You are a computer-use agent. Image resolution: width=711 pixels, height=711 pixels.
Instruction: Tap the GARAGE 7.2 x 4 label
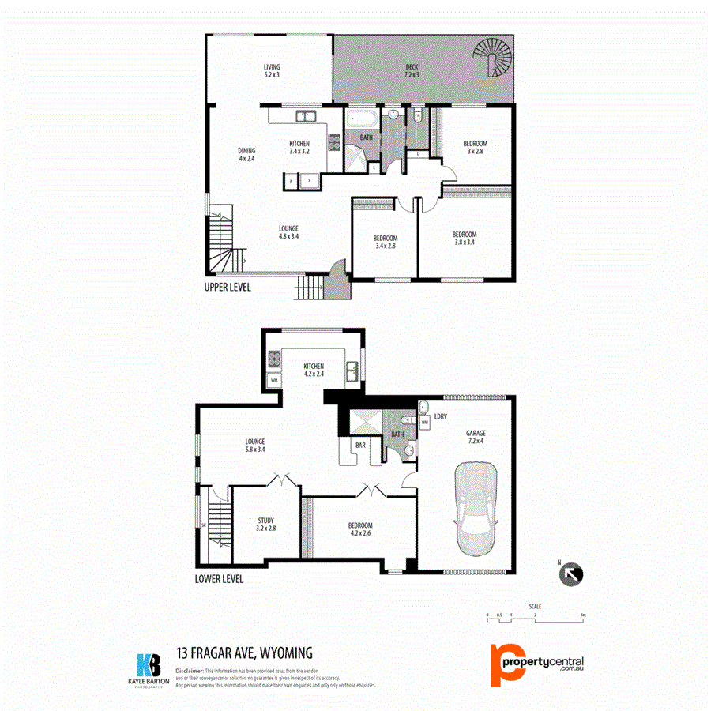coord(476,437)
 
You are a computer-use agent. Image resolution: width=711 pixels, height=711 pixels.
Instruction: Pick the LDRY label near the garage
coord(441,416)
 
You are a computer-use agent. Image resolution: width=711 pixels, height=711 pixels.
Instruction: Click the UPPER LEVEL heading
coord(228,288)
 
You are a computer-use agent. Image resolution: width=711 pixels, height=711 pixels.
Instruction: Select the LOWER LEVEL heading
coord(219,579)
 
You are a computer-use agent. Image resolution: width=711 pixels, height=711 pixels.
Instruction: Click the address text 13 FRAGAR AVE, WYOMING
coord(245,653)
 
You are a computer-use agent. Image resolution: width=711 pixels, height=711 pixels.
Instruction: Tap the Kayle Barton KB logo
coord(149,665)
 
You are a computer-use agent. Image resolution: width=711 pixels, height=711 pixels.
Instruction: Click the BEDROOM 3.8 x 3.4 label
coord(465,238)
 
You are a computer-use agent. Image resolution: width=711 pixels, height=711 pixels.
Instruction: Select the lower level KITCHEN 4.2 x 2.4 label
coord(314,370)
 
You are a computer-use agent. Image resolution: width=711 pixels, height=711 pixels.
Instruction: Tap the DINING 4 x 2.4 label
coord(247,154)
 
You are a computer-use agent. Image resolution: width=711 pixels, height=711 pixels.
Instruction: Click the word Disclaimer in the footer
coord(190,670)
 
